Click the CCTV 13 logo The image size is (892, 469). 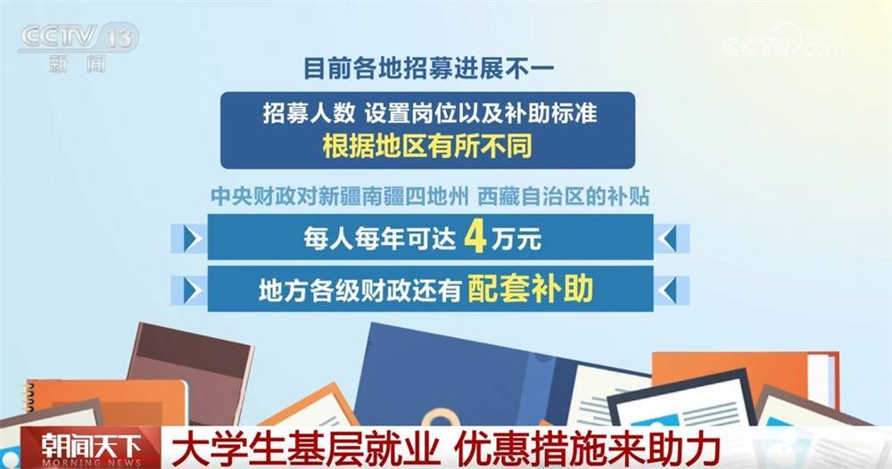tap(78, 47)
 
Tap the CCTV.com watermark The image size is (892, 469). tap(784, 41)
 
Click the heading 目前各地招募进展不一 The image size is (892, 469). tap(428, 68)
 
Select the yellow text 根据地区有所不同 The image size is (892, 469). tap(427, 145)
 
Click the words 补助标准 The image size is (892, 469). tap(550, 113)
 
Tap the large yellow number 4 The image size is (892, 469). tap(475, 238)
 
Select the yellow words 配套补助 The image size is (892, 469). tap(530, 289)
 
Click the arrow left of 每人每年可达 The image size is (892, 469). tap(193, 239)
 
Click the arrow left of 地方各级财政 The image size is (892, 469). tap(193, 291)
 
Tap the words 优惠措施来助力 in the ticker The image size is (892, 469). tap(587, 448)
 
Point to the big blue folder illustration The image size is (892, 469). tap(450, 375)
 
